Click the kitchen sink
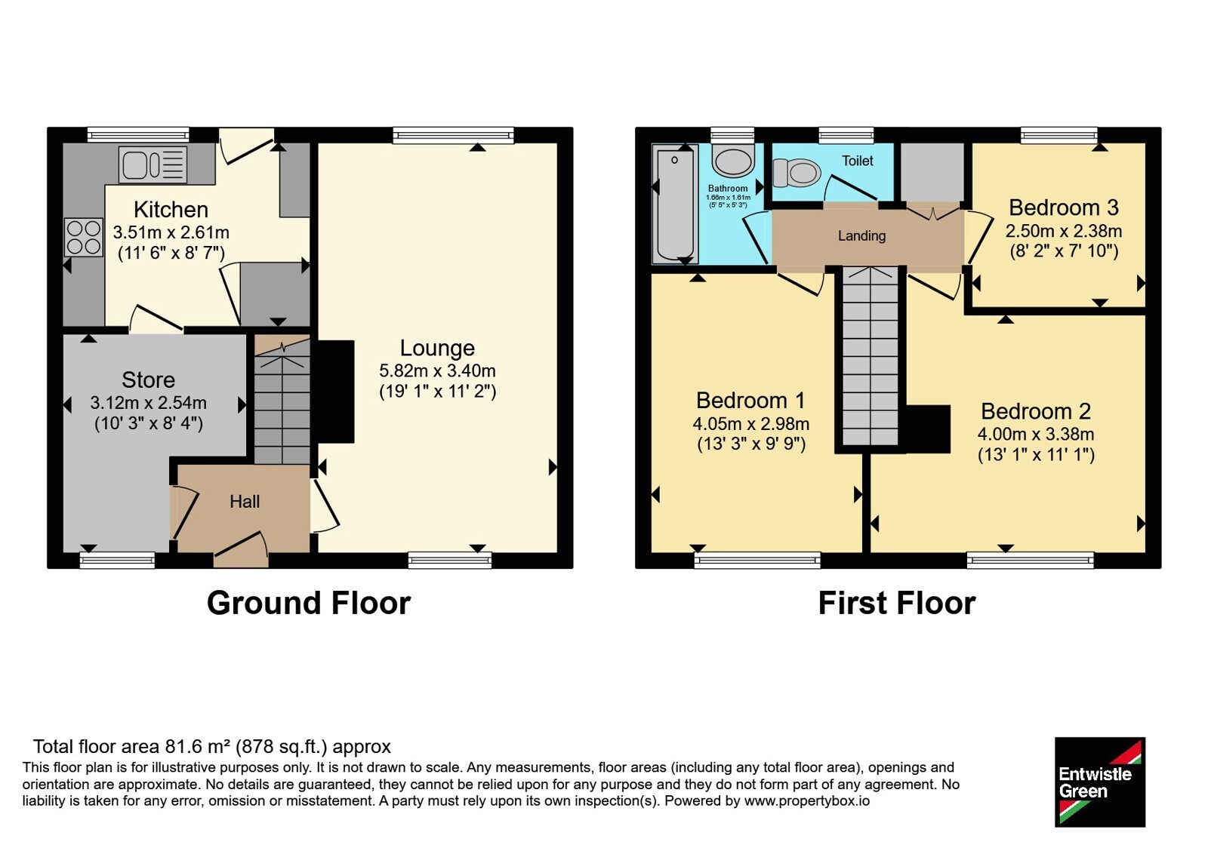pyautogui.click(x=153, y=164)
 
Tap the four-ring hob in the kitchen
pyautogui.click(x=84, y=237)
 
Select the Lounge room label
pyautogui.click(x=437, y=348)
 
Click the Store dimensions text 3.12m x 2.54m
pyautogui.click(x=148, y=403)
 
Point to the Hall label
pyautogui.click(x=245, y=502)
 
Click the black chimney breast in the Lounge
pyautogui.click(x=335, y=392)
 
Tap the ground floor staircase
pyautogui.click(x=282, y=399)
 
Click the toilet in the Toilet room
pyautogui.click(x=797, y=173)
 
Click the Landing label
pyautogui.click(x=861, y=235)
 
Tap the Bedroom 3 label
pyautogui.click(x=1064, y=207)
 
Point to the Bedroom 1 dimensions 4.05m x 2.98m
pyautogui.click(x=751, y=423)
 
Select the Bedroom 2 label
pyautogui.click(x=1036, y=411)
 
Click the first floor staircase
pyautogui.click(x=871, y=356)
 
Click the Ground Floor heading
pyautogui.click(x=309, y=603)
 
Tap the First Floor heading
pyautogui.click(x=897, y=603)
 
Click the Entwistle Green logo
pyautogui.click(x=1100, y=782)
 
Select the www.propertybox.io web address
pyautogui.click(x=807, y=800)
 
